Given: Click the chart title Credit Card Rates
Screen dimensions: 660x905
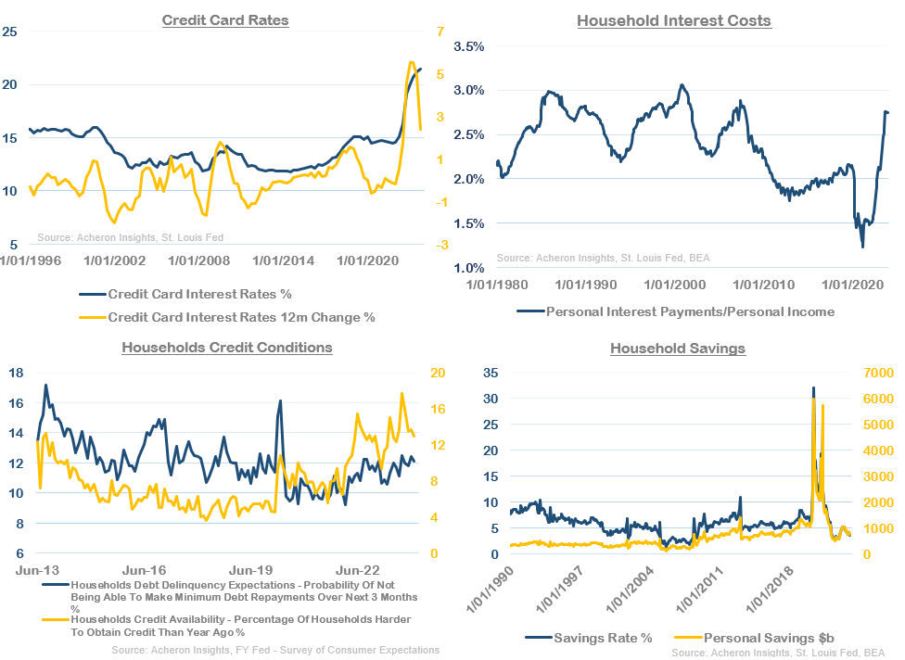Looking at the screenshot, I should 225,19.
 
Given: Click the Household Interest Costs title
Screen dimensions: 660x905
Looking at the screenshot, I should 674,20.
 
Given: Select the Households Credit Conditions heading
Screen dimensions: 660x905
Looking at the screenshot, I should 227,348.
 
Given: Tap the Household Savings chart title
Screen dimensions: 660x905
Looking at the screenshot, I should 678,349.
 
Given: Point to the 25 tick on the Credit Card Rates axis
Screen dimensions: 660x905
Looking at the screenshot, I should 11,32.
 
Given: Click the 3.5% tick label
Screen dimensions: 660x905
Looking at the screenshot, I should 468,45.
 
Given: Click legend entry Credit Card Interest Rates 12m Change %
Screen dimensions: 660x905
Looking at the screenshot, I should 241,317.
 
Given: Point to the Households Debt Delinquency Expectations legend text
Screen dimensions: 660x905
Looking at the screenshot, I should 229,592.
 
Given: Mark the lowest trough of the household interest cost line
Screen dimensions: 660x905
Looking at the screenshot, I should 862,247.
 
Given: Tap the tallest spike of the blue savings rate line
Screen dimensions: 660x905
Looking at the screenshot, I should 813,388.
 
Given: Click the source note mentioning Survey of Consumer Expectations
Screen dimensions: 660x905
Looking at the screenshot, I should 274,651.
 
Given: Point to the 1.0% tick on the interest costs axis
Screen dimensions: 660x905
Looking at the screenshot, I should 468,268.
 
